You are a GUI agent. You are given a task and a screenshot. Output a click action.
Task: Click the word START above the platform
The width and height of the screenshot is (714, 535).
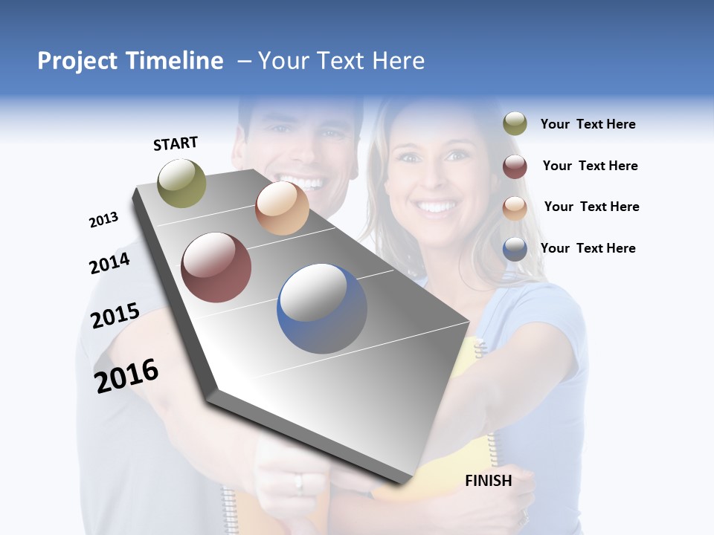176,143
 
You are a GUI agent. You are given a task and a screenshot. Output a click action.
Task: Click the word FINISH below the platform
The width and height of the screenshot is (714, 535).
488,481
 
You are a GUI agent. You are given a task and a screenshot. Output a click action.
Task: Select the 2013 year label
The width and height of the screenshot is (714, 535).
103,220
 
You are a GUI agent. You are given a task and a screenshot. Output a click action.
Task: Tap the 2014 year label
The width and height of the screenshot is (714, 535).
109,263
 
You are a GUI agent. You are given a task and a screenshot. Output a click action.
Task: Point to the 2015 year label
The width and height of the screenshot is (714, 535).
115,316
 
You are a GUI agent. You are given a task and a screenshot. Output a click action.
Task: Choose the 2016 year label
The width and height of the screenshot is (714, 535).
126,375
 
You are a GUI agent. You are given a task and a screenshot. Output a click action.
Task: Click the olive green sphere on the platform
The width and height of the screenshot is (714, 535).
181,184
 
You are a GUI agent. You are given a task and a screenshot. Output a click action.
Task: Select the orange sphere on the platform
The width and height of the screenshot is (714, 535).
282,208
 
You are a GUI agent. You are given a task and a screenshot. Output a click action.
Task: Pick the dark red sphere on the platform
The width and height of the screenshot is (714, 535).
216,267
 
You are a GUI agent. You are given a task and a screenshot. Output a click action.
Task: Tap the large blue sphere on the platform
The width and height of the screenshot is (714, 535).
322,308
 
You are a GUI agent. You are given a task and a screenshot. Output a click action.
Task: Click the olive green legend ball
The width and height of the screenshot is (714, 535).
515,124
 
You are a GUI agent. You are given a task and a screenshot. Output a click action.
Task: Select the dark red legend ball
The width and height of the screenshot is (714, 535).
515,166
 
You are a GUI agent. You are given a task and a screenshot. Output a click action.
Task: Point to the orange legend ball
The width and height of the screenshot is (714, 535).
515,207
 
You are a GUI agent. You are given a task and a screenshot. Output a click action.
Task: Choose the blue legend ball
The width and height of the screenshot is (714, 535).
515,249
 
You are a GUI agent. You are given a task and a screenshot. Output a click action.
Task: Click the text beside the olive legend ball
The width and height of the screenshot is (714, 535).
588,125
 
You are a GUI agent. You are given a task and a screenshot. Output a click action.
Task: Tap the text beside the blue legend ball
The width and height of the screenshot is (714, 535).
588,248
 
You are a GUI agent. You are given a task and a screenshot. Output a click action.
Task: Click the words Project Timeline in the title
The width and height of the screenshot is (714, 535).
130,61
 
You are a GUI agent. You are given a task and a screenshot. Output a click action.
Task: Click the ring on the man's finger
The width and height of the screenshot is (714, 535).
299,482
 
